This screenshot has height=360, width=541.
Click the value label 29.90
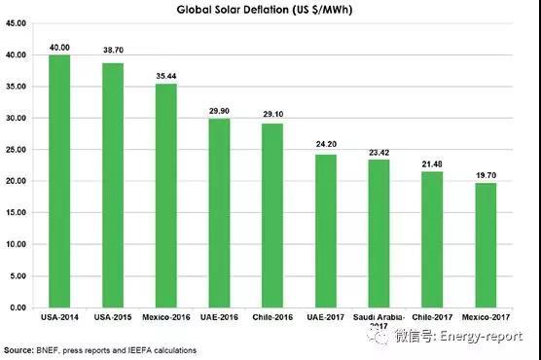220,111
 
